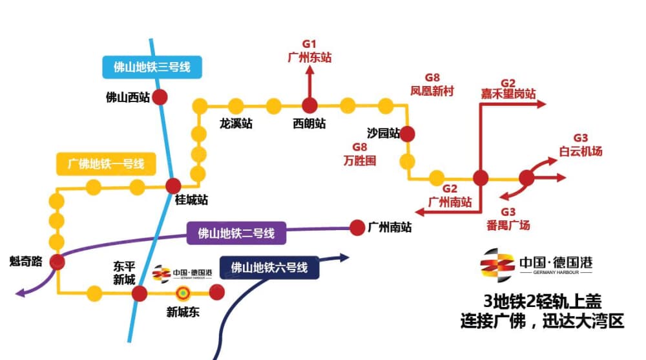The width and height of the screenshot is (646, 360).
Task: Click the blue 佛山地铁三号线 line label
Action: [x=152, y=67]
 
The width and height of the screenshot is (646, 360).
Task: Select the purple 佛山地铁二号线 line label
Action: [x=236, y=233]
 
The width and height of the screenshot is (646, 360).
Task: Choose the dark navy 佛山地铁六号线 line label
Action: [x=269, y=267]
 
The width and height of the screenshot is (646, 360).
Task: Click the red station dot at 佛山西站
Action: [x=160, y=98]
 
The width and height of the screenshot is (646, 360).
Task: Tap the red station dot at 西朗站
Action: [x=309, y=105]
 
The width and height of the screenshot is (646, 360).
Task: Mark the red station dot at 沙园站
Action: [x=408, y=134]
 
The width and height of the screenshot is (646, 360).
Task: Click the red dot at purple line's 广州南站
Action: [x=357, y=228]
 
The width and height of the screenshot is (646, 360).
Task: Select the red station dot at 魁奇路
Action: [x=57, y=262]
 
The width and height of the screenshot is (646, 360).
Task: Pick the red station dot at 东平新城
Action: [x=140, y=294]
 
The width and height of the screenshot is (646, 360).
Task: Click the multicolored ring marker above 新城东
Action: [x=183, y=293]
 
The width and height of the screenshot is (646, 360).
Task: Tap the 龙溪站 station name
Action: [x=236, y=123]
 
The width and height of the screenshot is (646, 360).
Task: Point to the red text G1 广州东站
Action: [x=309, y=51]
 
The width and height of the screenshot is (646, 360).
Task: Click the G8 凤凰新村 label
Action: [x=432, y=85]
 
